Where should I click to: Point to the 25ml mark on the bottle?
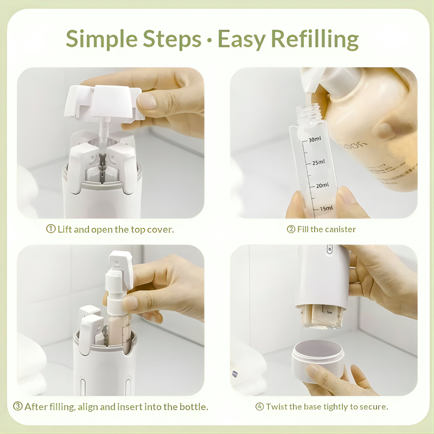[x=318, y=162]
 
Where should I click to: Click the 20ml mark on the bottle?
[x=322, y=185]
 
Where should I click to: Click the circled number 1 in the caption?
[x=50, y=229]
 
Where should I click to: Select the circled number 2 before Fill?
[x=291, y=229]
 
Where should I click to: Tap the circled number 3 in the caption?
[x=18, y=407]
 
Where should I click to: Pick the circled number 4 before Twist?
[x=260, y=407]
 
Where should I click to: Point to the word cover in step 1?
[x=160, y=229]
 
